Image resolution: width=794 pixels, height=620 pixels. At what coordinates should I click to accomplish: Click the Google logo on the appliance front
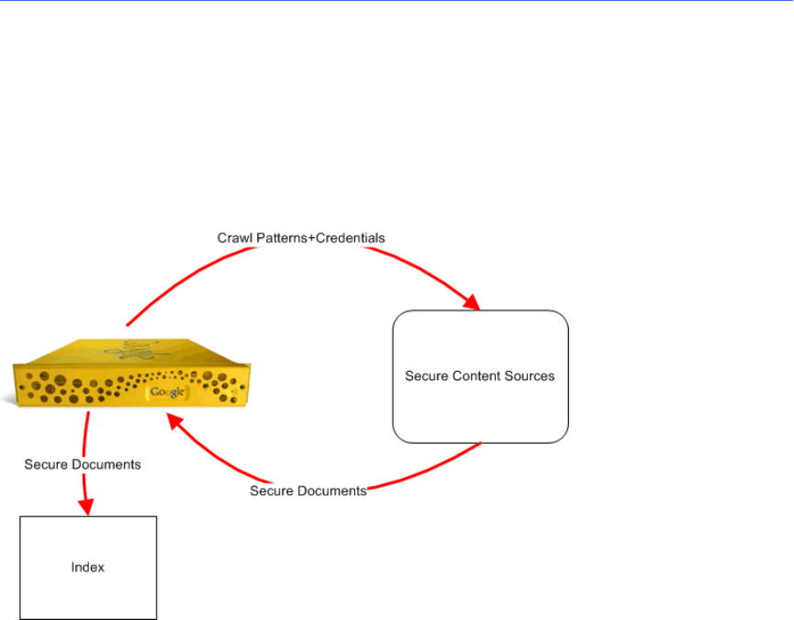[167, 392]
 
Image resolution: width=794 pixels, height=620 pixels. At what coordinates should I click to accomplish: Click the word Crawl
[235, 238]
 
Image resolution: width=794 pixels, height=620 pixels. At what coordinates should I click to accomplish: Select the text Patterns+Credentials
[320, 238]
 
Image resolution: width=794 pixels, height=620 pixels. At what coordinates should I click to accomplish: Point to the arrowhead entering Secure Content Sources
[472, 302]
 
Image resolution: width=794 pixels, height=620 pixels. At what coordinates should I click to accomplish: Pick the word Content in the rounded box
[476, 376]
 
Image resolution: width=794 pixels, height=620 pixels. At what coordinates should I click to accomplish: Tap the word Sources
[529, 376]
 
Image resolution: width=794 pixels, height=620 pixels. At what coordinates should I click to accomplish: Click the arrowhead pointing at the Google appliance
[174, 422]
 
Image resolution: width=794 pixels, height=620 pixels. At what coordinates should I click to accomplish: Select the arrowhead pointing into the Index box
[86, 507]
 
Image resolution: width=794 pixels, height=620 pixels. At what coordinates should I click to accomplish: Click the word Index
[87, 568]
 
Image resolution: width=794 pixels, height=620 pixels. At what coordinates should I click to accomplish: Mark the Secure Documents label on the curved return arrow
[308, 490]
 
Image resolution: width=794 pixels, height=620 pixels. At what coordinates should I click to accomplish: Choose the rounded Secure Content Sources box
[481, 377]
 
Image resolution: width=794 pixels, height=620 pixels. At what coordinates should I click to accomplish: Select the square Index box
[88, 568]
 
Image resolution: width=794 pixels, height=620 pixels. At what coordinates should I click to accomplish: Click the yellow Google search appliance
[131, 372]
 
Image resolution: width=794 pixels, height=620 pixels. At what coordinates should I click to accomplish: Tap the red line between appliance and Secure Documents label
[85, 434]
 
